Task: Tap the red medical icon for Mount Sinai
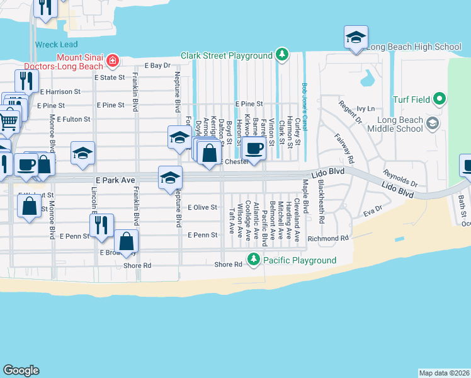113,60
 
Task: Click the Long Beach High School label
414,47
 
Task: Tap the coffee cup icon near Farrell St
254,149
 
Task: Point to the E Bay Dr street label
157,66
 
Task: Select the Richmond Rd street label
328,239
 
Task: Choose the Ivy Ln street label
365,109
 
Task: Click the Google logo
21,370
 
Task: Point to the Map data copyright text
444,373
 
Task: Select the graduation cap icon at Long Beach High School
356,37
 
